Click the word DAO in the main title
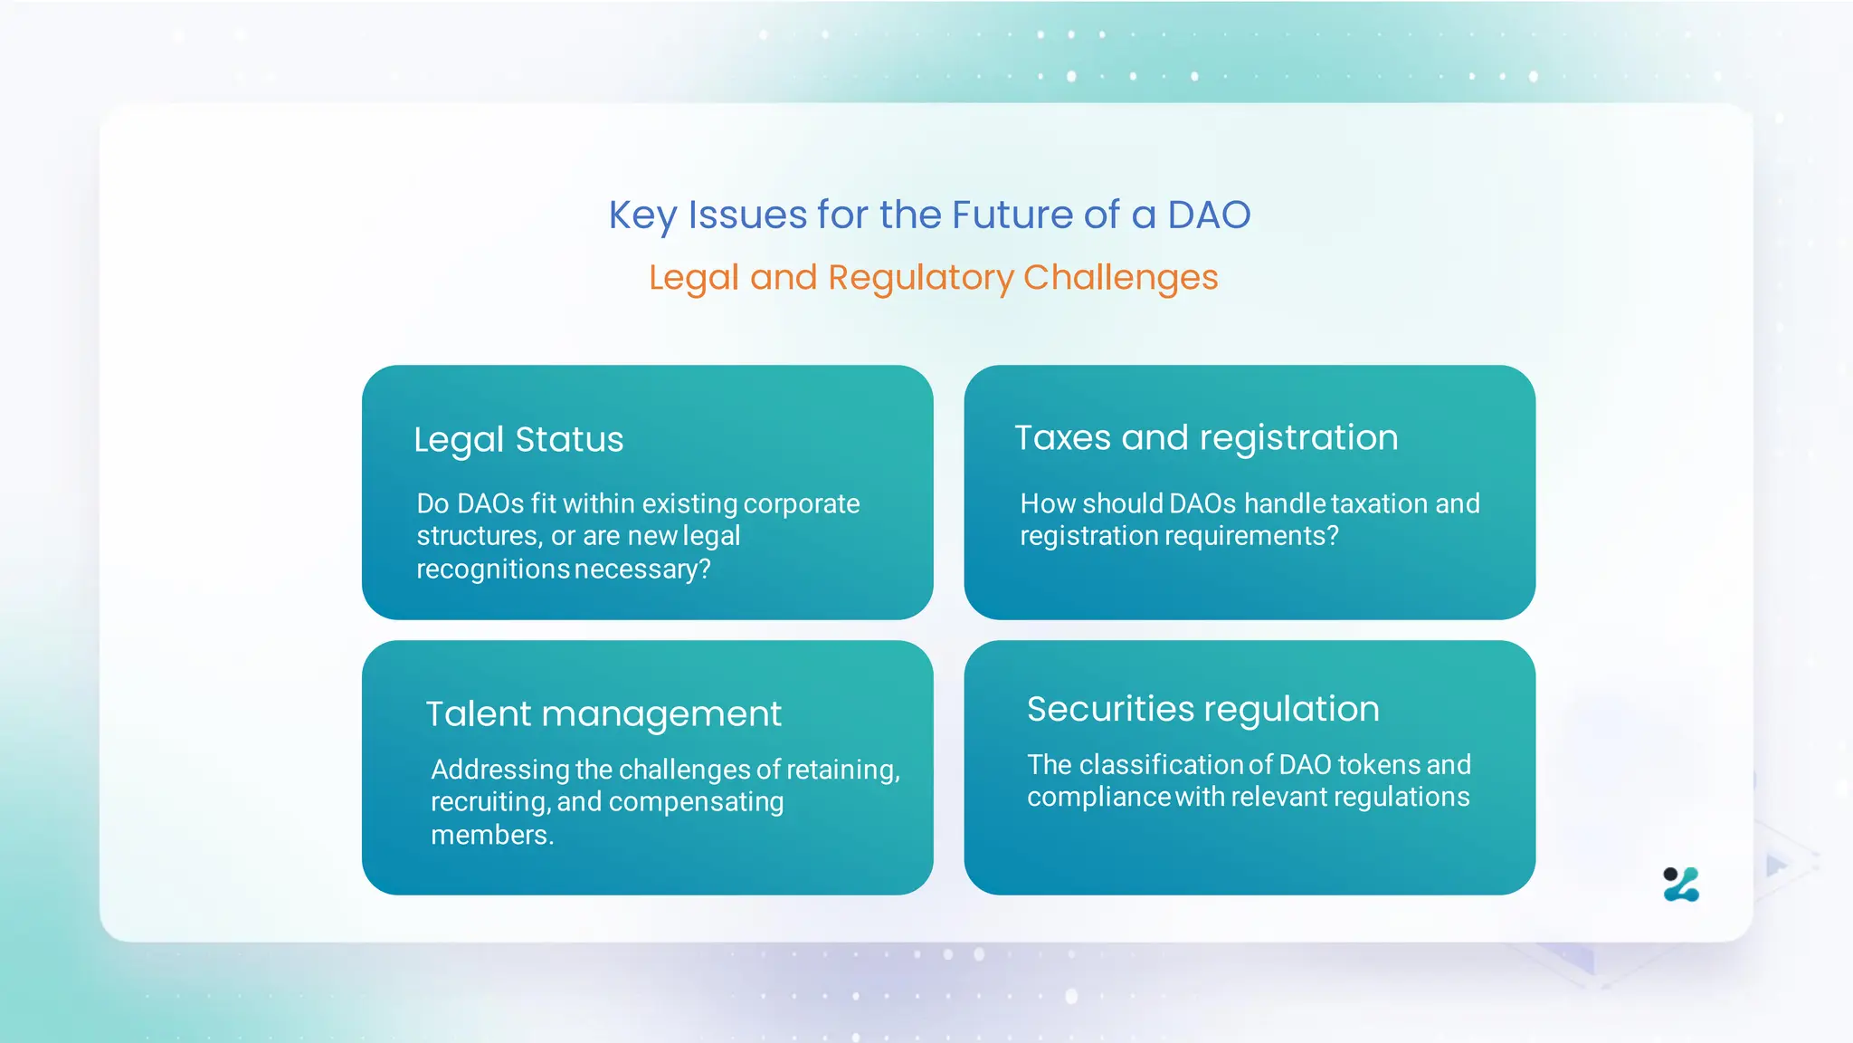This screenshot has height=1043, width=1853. coord(1209,215)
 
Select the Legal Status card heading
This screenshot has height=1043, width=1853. coord(518,440)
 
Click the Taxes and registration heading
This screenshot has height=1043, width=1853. coord(1206,438)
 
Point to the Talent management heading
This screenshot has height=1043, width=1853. coord(603,714)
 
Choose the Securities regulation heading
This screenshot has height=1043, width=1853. coord(1202,709)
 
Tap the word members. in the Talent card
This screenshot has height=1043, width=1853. coord(492,835)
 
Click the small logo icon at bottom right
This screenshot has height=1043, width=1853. coord(1681,885)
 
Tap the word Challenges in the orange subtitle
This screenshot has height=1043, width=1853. coord(1120,278)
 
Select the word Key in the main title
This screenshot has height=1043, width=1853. coord(642,215)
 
